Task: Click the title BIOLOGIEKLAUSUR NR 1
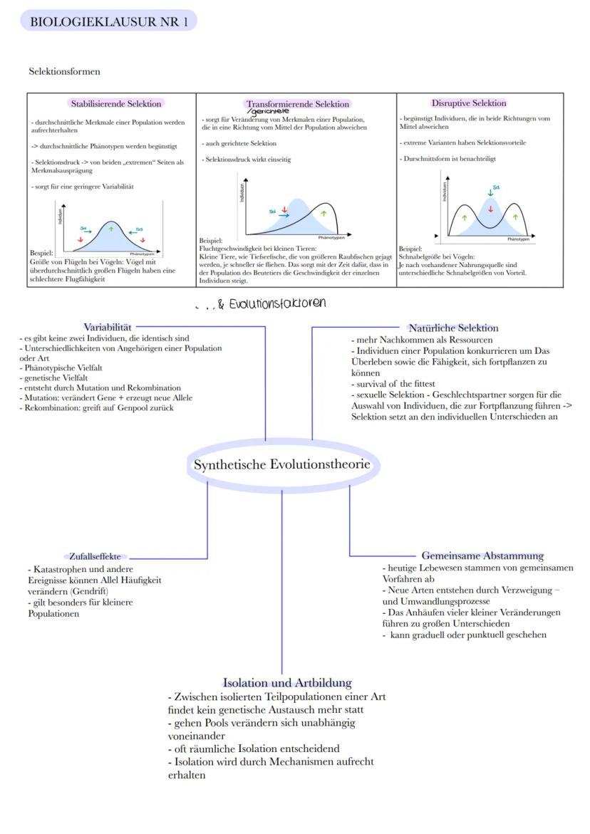(109, 21)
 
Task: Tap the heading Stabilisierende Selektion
(116, 104)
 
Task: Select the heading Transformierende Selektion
(298, 104)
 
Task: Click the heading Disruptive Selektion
(469, 103)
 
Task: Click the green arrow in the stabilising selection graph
(110, 229)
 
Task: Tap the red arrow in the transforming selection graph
(284, 209)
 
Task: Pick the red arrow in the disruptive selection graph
(490, 209)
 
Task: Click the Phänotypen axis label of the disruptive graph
(514, 239)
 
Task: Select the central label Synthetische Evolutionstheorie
(282, 465)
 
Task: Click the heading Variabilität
(108, 327)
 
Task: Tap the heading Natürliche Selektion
(453, 328)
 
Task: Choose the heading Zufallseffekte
(95, 556)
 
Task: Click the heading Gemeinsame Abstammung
(482, 556)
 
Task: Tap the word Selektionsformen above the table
(65, 72)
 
